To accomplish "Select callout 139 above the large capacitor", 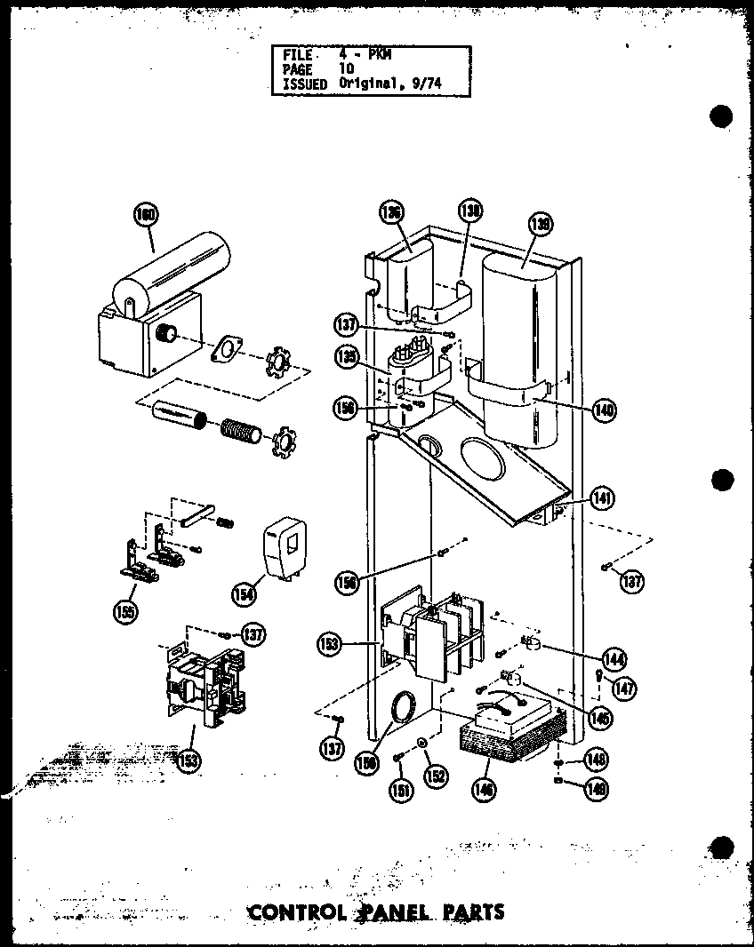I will pos(539,225).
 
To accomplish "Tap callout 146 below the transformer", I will pos(485,789).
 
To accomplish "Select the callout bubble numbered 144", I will pos(614,659).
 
